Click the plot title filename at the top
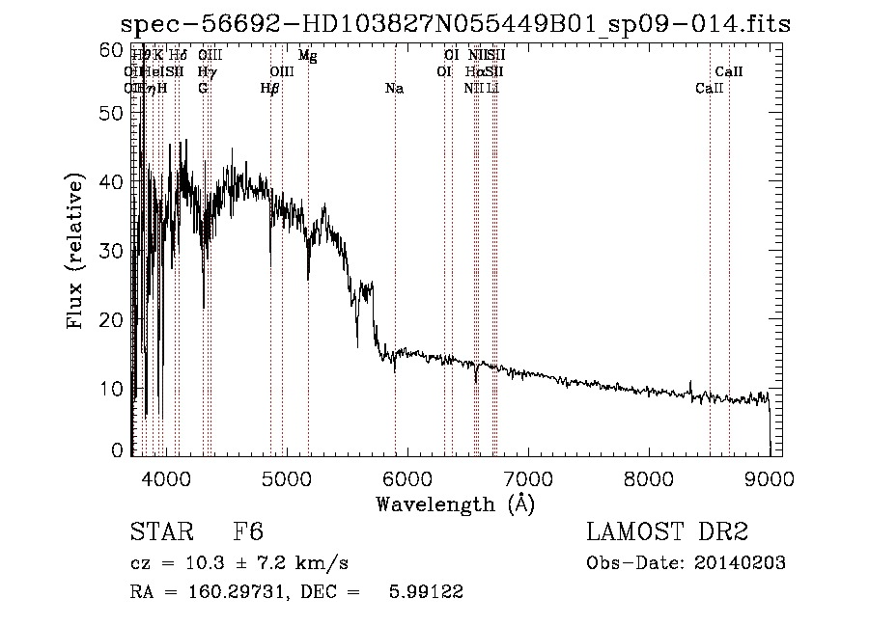pos(455,24)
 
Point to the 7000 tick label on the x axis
pos(528,477)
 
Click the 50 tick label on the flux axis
pos(114,112)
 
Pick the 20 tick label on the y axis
pos(114,319)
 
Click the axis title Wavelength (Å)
pos(455,504)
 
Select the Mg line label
pos(307,56)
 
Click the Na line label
pos(394,88)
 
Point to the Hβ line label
pos(270,88)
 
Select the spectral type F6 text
pos(248,533)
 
